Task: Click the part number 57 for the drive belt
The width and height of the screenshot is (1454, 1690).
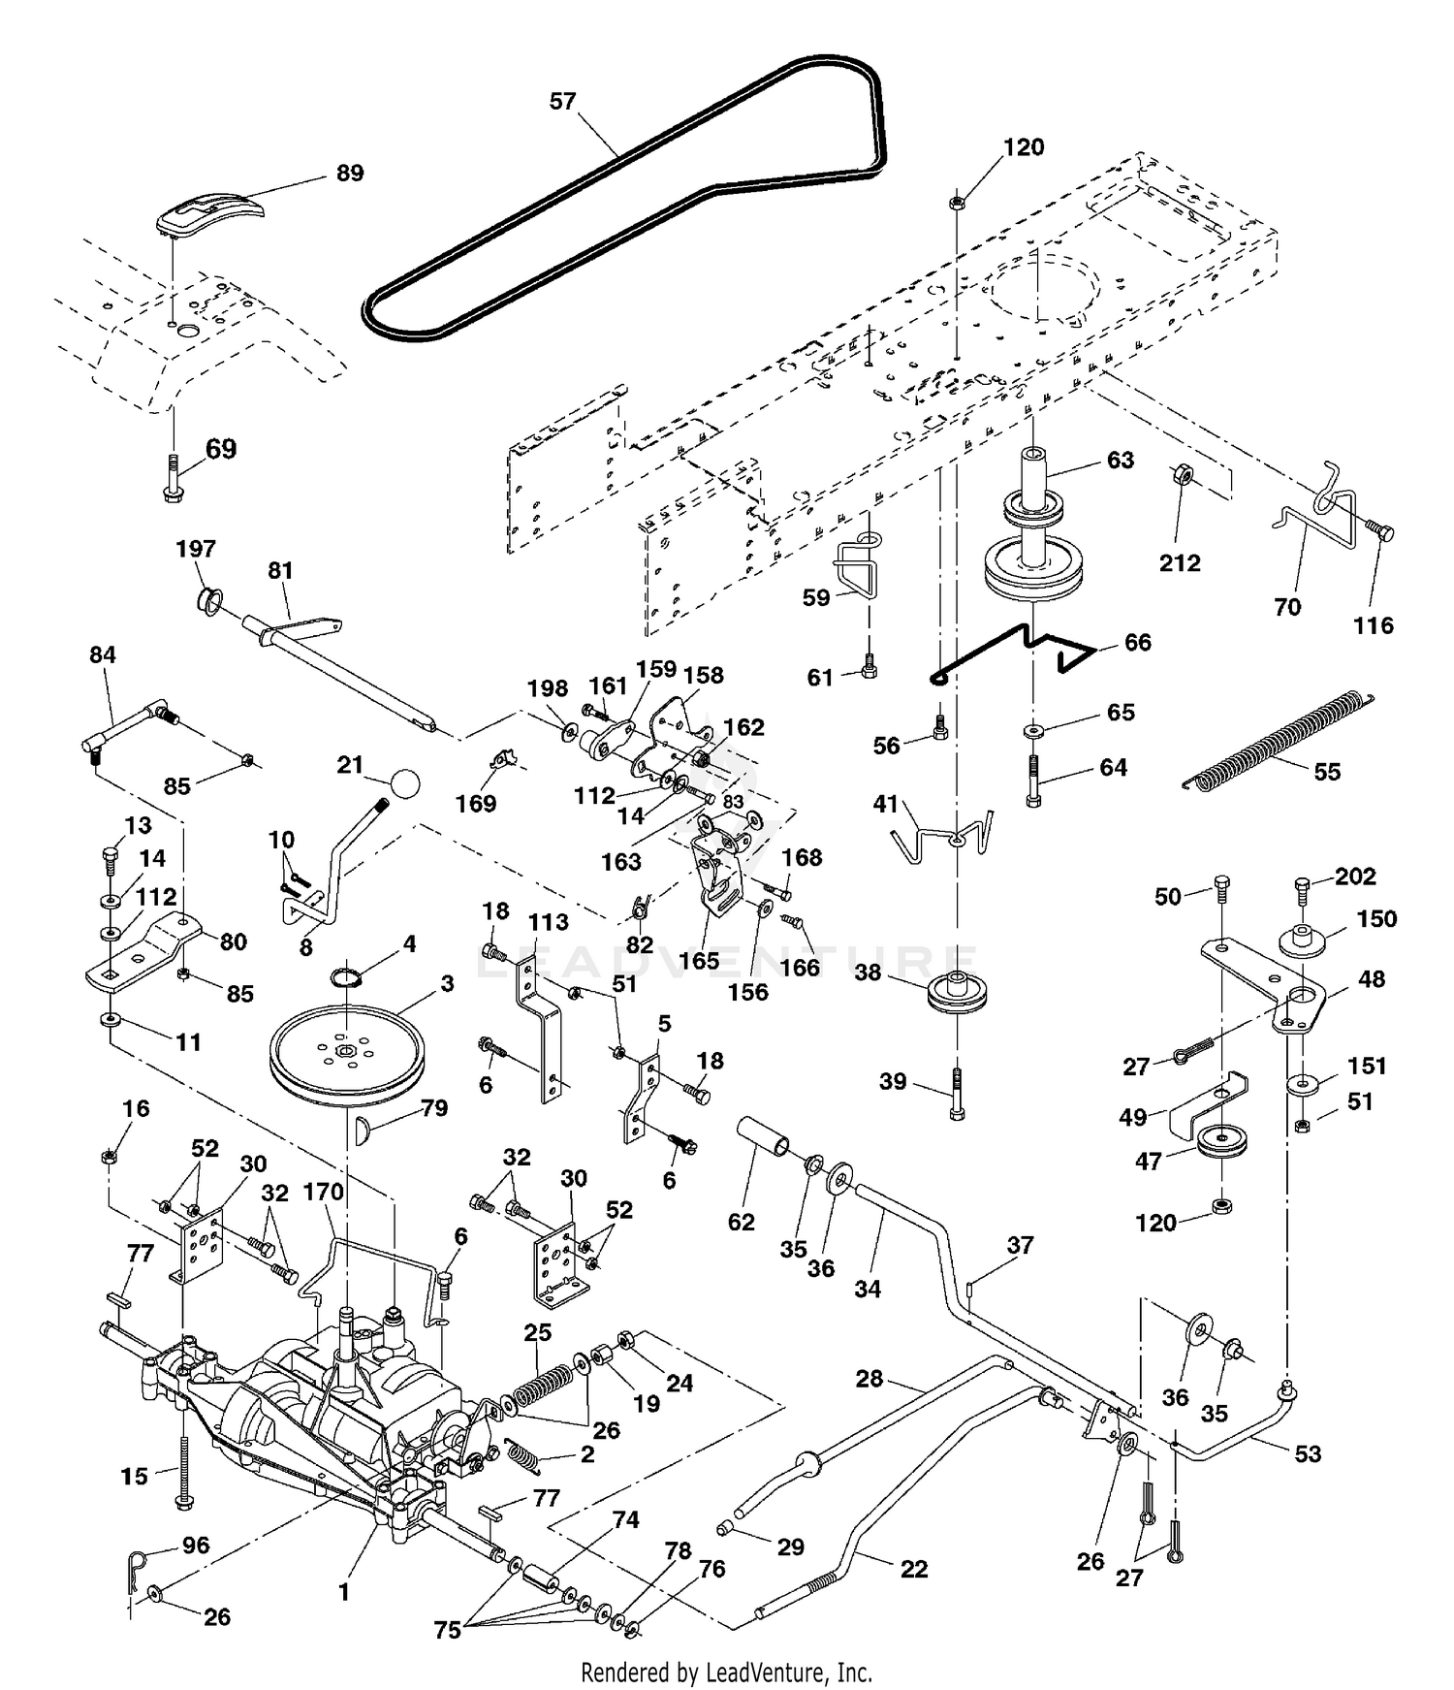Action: coord(562,101)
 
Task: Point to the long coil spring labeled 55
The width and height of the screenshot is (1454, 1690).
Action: coord(1279,738)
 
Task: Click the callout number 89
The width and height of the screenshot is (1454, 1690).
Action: coord(349,173)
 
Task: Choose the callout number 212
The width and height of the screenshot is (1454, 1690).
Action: coord(1180,562)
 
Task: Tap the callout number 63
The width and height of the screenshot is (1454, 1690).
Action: coord(1120,460)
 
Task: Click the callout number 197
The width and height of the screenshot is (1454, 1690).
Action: coord(196,549)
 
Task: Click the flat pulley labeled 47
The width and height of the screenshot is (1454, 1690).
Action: coord(1221,1141)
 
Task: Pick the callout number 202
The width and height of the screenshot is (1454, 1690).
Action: coord(1355,877)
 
